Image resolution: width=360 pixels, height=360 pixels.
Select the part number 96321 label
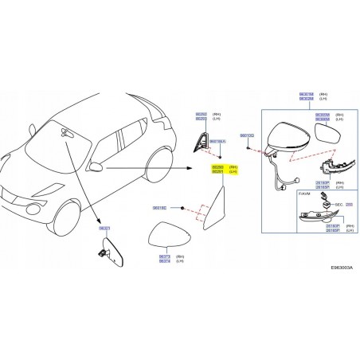(104, 228)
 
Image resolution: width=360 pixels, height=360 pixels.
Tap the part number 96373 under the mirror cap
(164, 256)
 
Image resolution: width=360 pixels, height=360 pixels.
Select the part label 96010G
(247, 136)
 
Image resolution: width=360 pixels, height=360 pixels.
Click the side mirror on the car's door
(96, 166)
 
